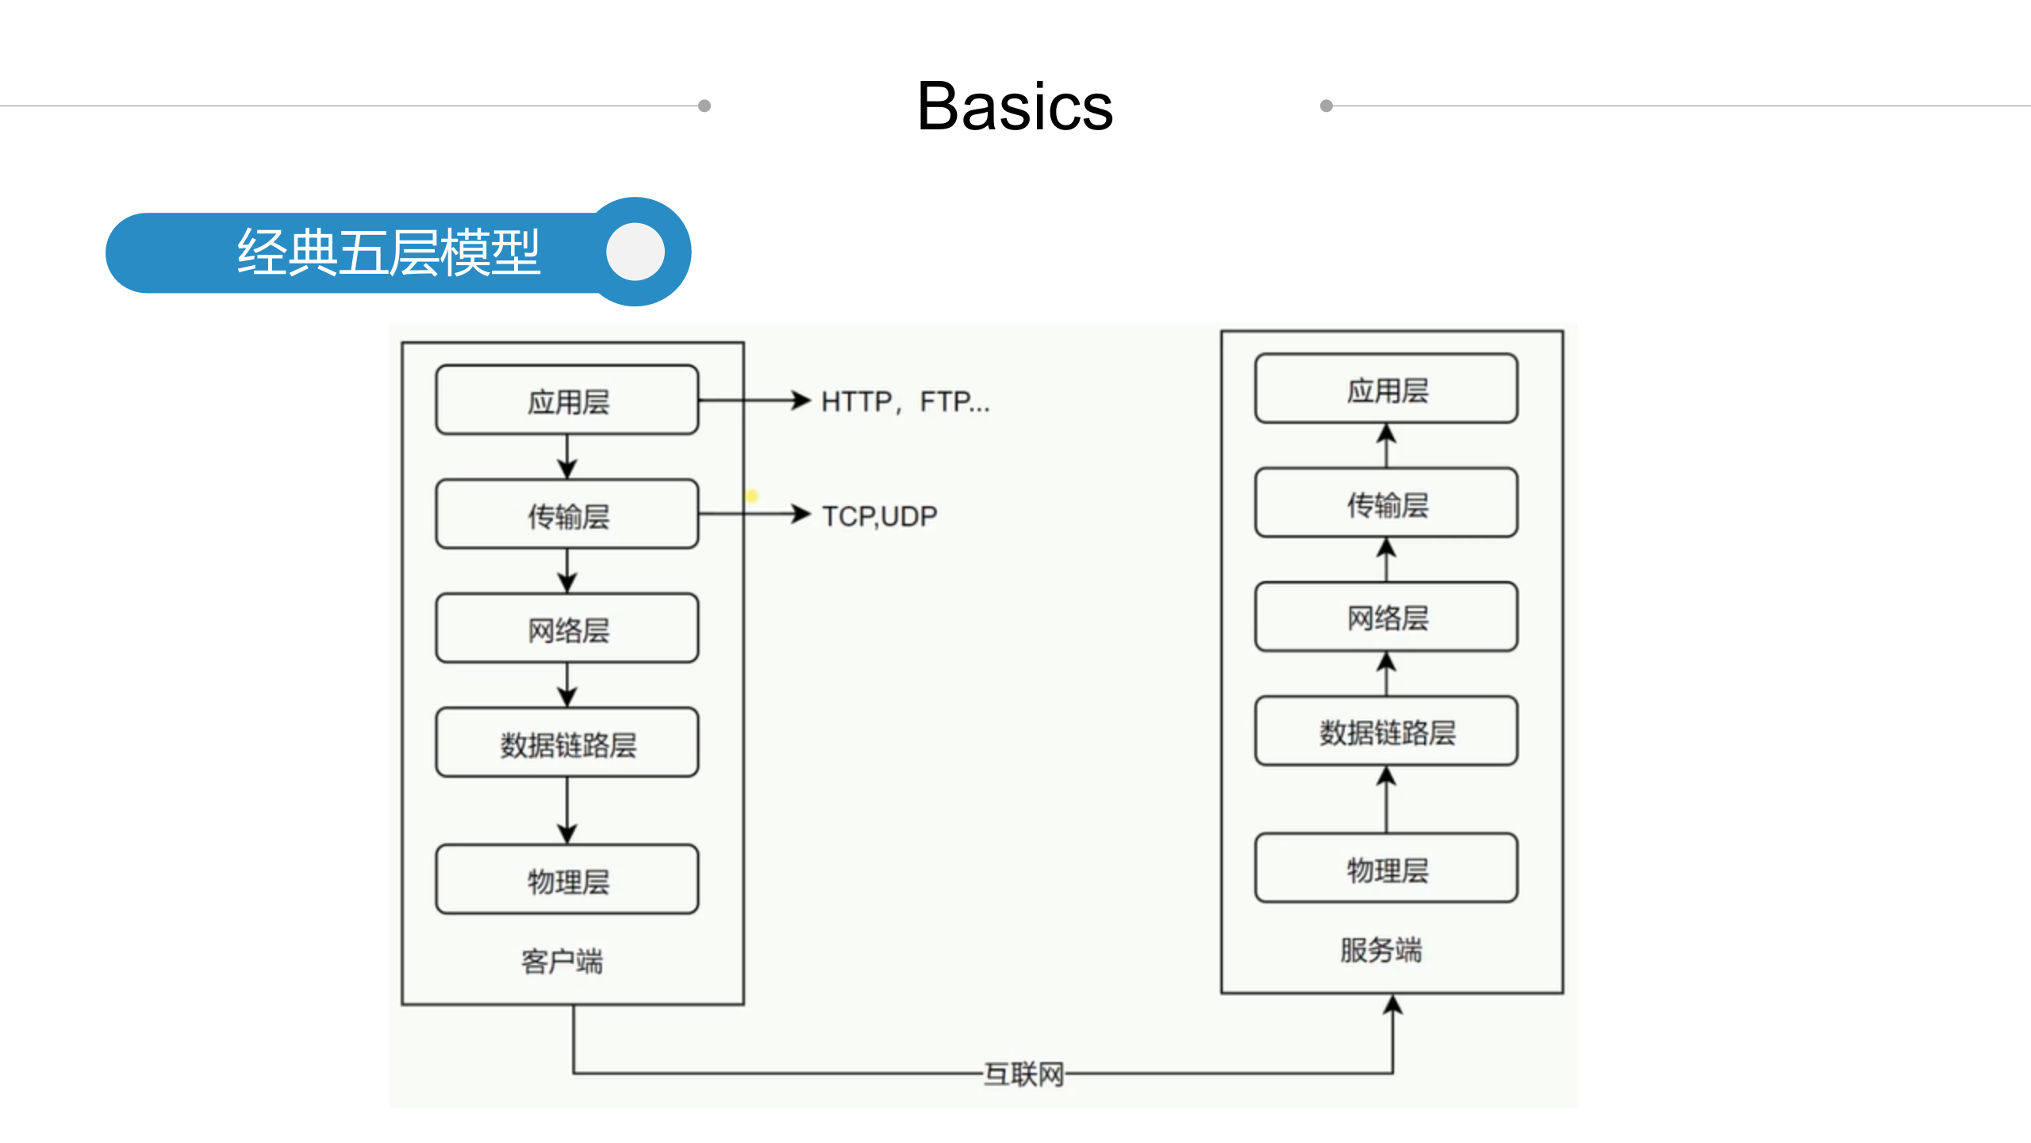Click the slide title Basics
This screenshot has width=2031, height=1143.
[x=1015, y=106]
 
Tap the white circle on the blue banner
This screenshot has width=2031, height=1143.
[x=635, y=252]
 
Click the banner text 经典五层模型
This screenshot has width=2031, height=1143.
[x=389, y=252]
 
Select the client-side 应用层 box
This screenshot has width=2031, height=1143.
[x=567, y=400]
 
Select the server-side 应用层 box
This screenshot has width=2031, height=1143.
[x=1386, y=389]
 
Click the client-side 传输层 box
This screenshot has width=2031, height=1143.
[x=567, y=514]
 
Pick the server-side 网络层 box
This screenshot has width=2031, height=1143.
[x=1386, y=617]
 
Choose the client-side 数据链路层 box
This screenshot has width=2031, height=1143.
[x=567, y=743]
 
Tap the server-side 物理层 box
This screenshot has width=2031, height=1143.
[x=1386, y=868]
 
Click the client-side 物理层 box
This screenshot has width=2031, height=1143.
[x=567, y=879]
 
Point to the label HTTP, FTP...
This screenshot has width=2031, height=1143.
[x=905, y=402]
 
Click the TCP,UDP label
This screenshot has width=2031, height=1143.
[x=880, y=516]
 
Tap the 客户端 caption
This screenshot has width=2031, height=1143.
[x=562, y=961]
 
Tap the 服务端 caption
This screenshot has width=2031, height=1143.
[x=1381, y=949]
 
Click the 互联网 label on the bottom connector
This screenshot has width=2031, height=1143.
[x=1023, y=1074]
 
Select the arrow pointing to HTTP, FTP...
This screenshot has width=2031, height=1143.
[x=754, y=400]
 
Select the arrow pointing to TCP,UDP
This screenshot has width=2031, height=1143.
[x=754, y=514]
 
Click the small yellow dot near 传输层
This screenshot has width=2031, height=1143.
[x=751, y=496]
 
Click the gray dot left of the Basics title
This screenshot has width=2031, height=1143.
[x=705, y=106]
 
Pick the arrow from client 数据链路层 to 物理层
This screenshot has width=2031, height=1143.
[x=567, y=810]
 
